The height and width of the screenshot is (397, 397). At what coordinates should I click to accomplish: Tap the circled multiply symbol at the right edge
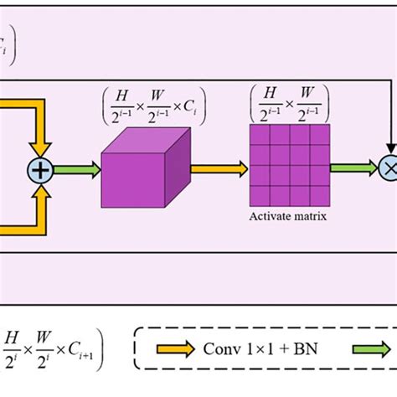tap(389, 168)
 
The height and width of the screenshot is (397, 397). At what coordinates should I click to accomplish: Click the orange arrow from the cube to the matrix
tap(219, 168)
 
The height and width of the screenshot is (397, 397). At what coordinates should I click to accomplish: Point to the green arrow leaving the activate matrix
tap(349, 168)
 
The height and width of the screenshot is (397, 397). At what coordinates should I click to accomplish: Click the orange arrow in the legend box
tap(173, 347)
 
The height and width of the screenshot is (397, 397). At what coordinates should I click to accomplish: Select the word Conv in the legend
tap(221, 347)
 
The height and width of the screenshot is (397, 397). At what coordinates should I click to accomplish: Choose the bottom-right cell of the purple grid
tap(317, 198)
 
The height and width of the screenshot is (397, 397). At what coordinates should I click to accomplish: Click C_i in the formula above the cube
tap(192, 108)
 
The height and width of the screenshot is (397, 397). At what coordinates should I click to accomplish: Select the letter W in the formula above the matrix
tap(310, 88)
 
